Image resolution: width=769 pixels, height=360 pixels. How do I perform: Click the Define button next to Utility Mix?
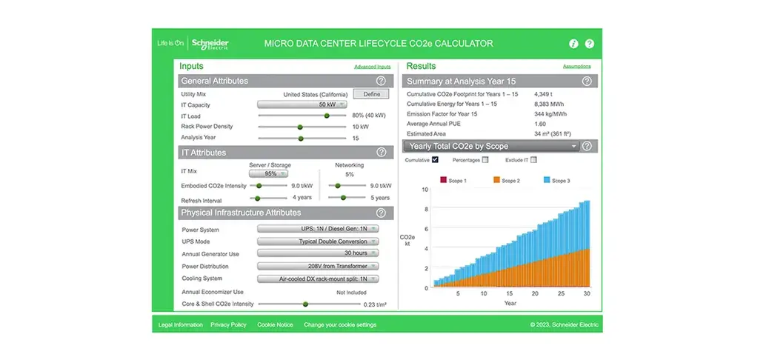(372, 94)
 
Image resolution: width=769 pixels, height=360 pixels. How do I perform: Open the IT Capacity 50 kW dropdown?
(302, 104)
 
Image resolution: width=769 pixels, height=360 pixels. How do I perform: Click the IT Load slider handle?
(327, 116)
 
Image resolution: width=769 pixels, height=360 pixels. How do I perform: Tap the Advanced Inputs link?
(373, 67)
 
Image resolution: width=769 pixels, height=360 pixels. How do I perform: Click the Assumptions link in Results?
(576, 66)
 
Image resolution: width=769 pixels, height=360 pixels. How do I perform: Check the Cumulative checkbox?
(435, 159)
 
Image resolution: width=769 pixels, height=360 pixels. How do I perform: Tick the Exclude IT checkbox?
(533, 159)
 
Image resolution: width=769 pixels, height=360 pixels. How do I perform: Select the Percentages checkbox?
(485, 159)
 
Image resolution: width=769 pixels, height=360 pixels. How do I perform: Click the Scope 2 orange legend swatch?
(497, 181)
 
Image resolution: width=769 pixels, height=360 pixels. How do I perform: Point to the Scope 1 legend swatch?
(444, 181)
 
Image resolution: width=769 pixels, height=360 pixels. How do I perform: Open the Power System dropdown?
(319, 229)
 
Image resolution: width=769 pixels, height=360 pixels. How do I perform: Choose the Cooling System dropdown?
(319, 279)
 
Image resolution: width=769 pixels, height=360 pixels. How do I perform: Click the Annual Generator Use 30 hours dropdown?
(319, 253)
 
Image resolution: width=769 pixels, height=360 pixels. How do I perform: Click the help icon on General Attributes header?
(381, 81)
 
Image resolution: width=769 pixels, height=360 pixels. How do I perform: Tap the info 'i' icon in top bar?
(574, 44)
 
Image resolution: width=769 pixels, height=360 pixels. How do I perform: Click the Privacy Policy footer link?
(228, 324)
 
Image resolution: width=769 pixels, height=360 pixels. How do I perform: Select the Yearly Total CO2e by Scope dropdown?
(491, 146)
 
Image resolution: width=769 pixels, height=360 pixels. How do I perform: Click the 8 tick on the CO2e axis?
(426, 209)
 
